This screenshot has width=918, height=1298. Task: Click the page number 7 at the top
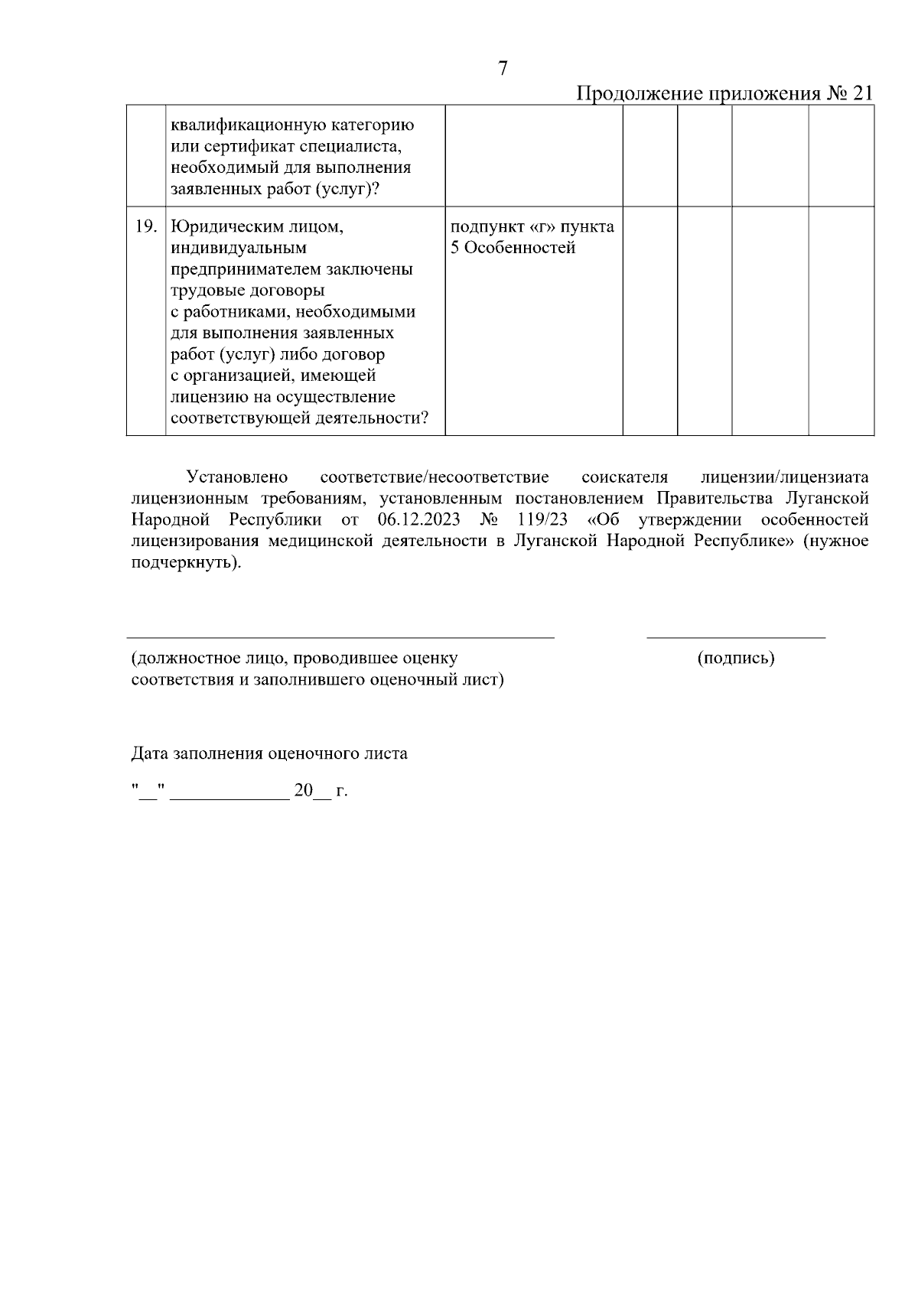503,69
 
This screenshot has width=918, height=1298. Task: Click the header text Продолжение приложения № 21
724,93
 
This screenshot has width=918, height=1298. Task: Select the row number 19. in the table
145,227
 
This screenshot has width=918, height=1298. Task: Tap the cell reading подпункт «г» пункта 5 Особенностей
532,238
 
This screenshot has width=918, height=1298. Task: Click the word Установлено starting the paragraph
237,478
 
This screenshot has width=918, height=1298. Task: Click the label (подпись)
736,659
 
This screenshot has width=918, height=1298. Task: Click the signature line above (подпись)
736,636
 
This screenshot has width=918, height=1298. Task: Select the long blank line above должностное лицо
340,636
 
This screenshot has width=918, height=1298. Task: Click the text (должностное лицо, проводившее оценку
295,659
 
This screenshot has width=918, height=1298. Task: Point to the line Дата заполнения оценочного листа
269,753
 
